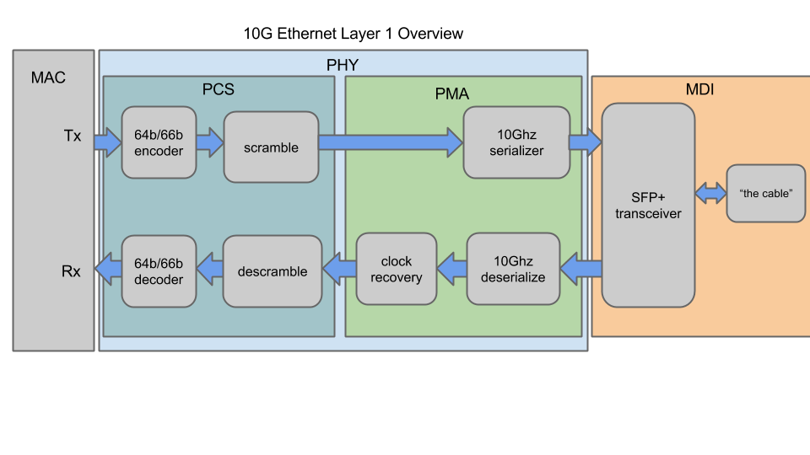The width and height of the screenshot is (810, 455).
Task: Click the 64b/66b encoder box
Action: tap(159, 142)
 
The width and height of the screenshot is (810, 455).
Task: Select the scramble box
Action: tap(271, 147)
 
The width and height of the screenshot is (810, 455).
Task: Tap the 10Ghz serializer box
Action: tap(516, 142)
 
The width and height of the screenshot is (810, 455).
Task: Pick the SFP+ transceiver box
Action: tap(648, 205)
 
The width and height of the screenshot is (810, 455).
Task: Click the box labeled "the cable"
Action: tap(765, 193)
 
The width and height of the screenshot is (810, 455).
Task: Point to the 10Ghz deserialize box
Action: tap(513, 269)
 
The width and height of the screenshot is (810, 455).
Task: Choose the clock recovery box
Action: tap(396, 269)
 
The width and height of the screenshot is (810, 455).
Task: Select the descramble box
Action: tap(272, 270)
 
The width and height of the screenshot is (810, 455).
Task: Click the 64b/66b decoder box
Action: tap(159, 270)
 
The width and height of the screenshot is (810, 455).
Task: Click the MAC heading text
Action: tap(48, 78)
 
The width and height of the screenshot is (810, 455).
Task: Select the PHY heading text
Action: tap(343, 64)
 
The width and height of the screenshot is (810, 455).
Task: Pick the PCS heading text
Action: tap(219, 88)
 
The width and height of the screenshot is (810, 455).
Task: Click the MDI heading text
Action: tap(699, 88)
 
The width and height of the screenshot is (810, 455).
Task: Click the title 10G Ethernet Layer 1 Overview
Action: tap(353, 34)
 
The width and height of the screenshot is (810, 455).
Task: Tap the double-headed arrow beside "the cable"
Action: tap(710, 194)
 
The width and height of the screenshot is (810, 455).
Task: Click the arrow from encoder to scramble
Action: tap(209, 142)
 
